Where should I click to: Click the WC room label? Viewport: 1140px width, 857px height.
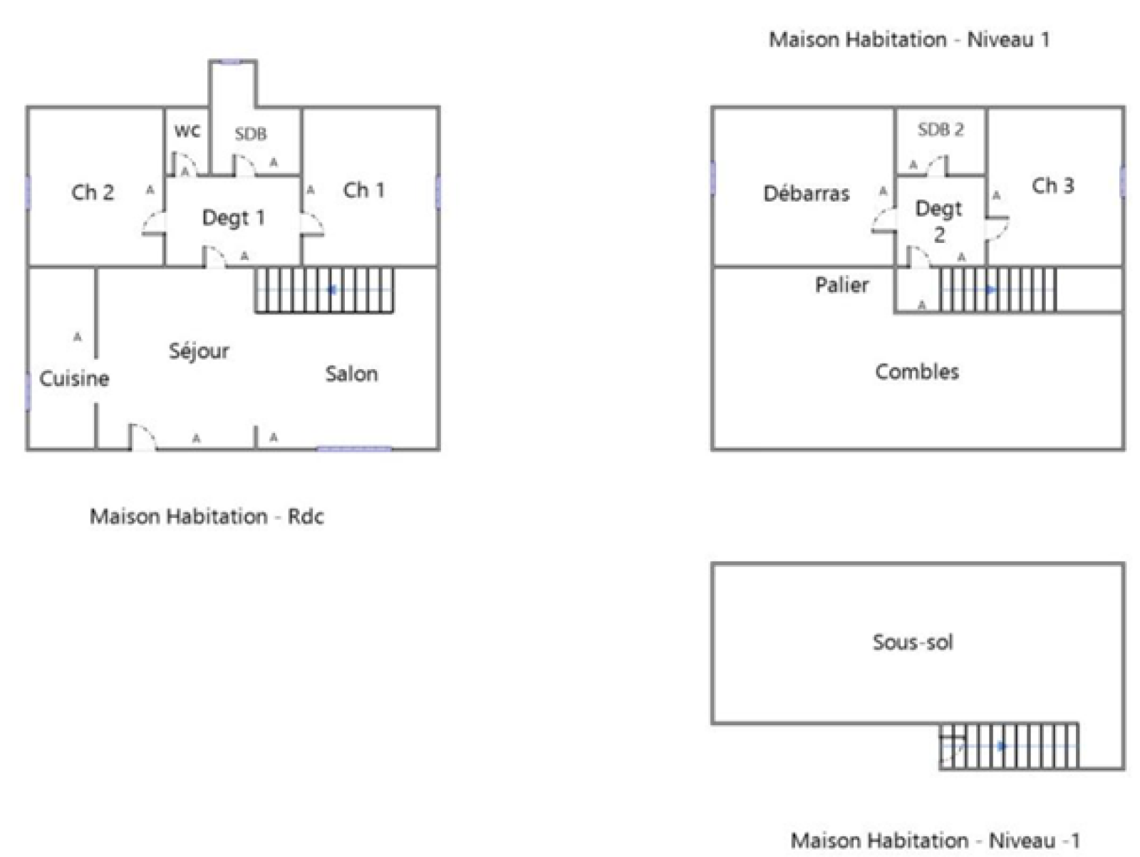coord(187,132)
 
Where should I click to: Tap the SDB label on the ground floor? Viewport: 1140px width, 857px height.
coord(251,134)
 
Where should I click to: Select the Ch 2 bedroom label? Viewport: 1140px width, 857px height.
coord(93,192)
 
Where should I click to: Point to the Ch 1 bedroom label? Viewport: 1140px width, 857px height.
coord(363,190)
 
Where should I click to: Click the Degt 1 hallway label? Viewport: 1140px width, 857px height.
coord(233,218)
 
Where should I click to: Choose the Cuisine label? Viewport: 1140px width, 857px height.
coord(74,378)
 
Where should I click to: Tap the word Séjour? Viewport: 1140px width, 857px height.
coord(199,350)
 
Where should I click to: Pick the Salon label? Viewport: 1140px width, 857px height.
coord(351,374)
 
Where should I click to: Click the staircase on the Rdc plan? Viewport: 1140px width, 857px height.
coord(324,290)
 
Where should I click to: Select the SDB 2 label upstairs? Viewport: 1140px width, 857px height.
coord(940,130)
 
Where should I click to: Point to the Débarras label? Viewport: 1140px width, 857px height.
coord(806,194)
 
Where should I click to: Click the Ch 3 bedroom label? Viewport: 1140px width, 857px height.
coord(1052,186)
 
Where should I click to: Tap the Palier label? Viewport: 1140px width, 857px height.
coord(841,285)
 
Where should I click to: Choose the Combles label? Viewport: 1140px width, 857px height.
coord(917,372)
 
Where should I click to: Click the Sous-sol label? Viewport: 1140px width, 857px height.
coord(913,643)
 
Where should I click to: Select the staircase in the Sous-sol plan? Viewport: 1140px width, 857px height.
coord(1009,746)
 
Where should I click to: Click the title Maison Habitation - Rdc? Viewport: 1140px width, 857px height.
coord(207,516)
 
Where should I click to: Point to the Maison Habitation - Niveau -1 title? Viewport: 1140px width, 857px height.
coord(936,841)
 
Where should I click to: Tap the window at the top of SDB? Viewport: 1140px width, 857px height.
coord(233,62)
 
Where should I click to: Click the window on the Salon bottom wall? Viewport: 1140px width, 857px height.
coord(354,449)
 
